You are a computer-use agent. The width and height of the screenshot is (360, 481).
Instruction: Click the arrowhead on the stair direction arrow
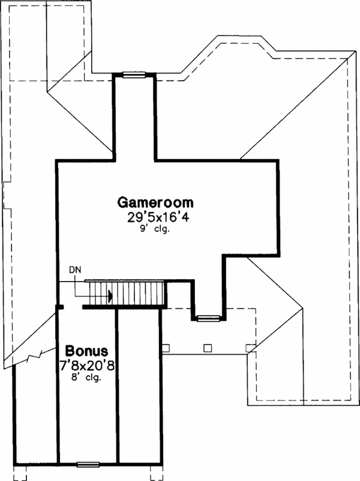(111, 295)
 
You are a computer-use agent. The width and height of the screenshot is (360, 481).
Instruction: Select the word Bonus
(86, 350)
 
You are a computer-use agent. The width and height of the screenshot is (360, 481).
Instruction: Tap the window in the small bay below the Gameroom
(208, 318)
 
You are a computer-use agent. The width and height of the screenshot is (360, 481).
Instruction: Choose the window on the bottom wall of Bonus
(88, 464)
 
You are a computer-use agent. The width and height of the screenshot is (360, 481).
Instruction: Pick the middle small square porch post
(207, 346)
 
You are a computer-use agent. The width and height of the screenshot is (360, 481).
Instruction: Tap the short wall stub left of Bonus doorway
(60, 307)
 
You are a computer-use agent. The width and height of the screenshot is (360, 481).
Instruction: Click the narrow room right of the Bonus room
(139, 384)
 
